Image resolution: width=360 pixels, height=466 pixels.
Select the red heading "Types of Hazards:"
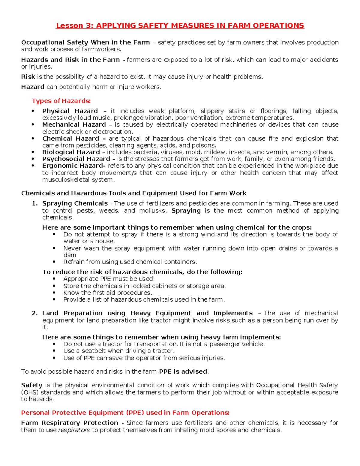(61, 101)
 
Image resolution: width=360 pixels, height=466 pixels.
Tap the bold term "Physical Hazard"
(70, 111)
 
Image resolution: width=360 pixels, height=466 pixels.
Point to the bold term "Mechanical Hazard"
(74, 125)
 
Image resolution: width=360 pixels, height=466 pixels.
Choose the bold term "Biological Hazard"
(71, 152)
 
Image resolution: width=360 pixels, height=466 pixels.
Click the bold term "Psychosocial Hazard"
(76, 159)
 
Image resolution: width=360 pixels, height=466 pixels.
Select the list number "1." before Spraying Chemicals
(35, 203)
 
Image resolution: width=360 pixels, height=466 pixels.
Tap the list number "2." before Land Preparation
(35, 313)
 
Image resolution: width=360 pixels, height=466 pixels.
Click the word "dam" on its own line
(70, 255)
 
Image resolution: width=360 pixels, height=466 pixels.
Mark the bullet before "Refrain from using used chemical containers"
(54, 262)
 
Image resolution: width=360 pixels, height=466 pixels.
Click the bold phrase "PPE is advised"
(183, 371)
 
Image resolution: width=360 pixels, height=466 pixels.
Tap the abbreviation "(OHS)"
(30, 392)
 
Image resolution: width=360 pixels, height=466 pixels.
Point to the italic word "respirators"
(74, 430)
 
